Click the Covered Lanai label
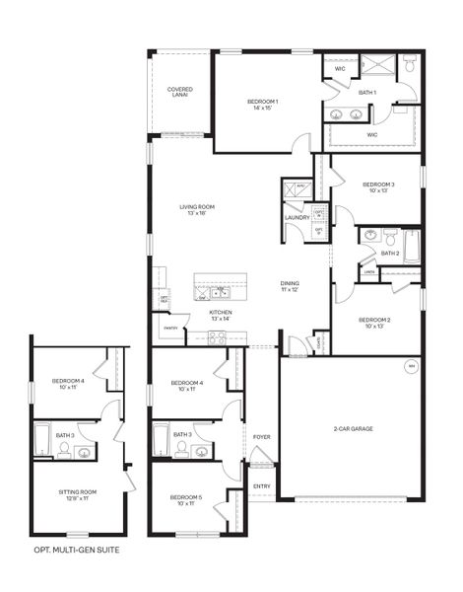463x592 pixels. [x=179, y=92]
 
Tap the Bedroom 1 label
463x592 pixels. [x=262, y=105]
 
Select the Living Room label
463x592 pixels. [x=197, y=209]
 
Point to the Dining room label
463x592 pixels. [x=290, y=287]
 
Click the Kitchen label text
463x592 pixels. [x=220, y=315]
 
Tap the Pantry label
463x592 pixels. [x=170, y=327]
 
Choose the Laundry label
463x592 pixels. [x=298, y=218]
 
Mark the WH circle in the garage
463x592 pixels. [x=411, y=368]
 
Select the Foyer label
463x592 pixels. [x=261, y=435]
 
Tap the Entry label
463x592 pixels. [x=261, y=485]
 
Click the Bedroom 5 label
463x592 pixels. [x=185, y=500]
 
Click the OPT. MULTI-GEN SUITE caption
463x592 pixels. [x=77, y=550]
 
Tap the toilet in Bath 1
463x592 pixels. [x=410, y=66]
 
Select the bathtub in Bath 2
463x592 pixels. [x=412, y=245]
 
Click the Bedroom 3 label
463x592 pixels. [x=378, y=187]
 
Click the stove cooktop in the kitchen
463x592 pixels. [x=217, y=336]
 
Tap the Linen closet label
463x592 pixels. [x=368, y=272]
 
